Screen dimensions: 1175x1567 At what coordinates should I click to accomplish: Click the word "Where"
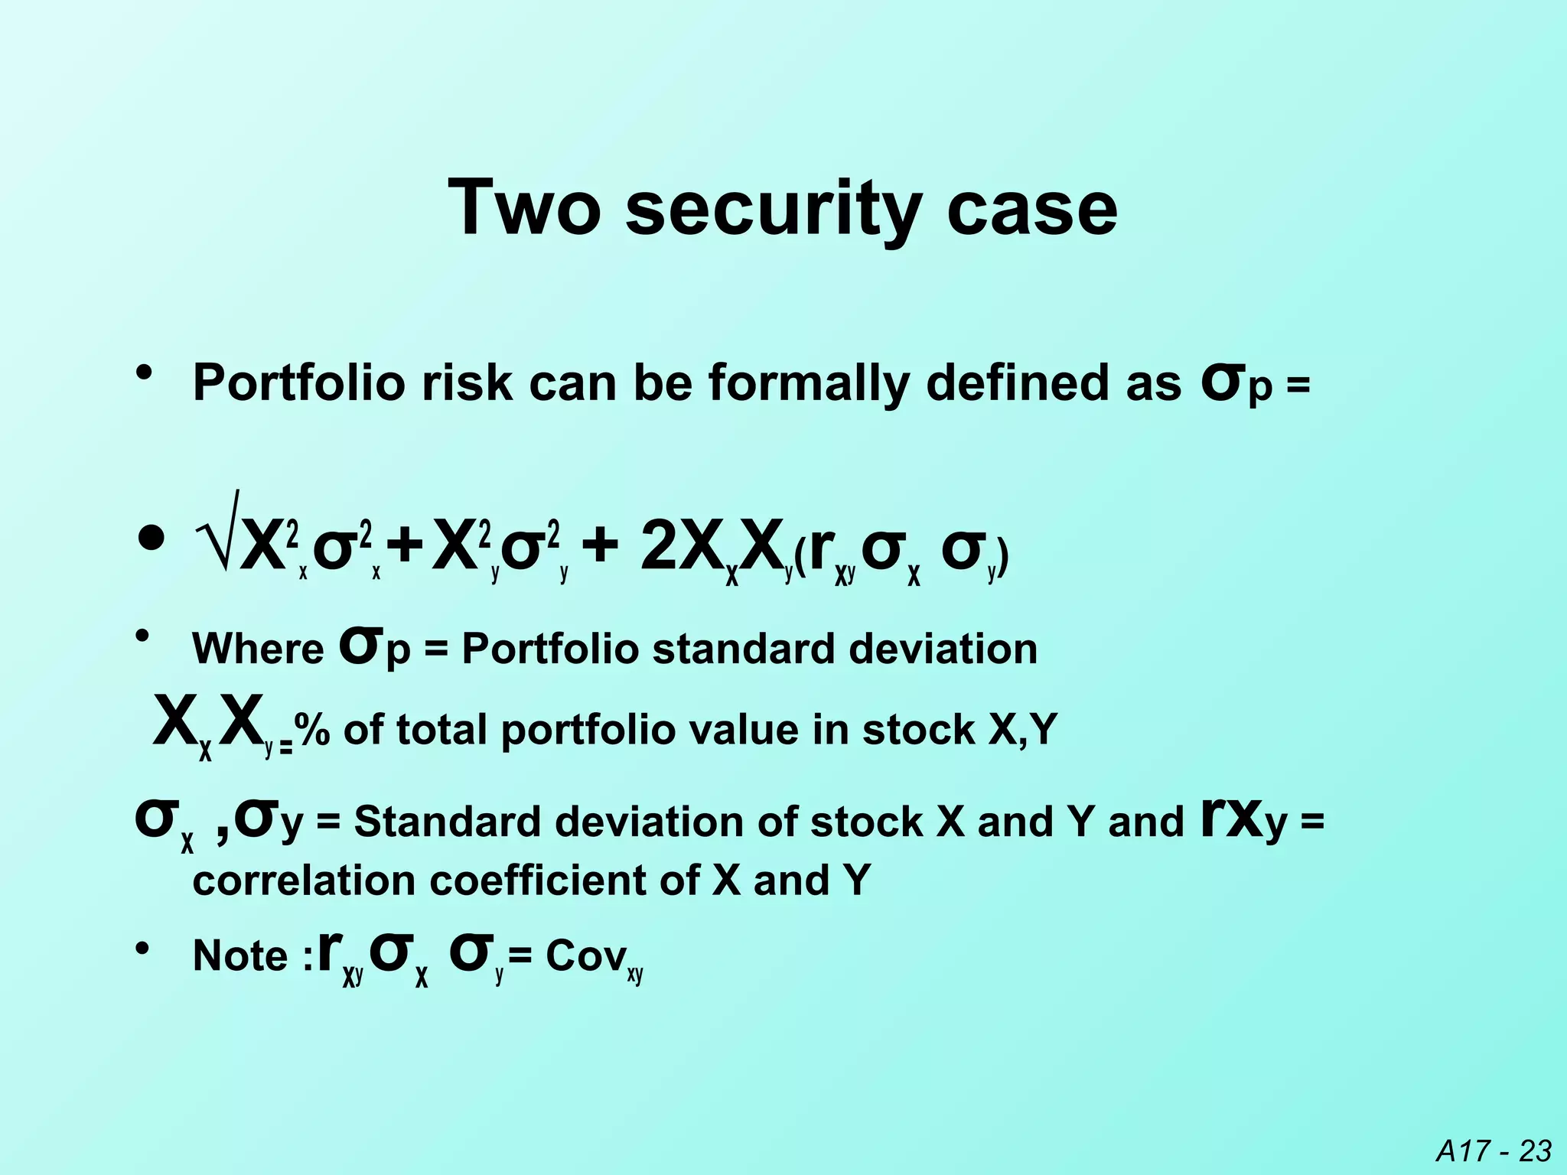[258, 649]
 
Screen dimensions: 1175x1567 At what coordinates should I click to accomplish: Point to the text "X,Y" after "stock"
[1021, 730]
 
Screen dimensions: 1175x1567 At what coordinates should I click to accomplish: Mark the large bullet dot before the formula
[152, 539]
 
